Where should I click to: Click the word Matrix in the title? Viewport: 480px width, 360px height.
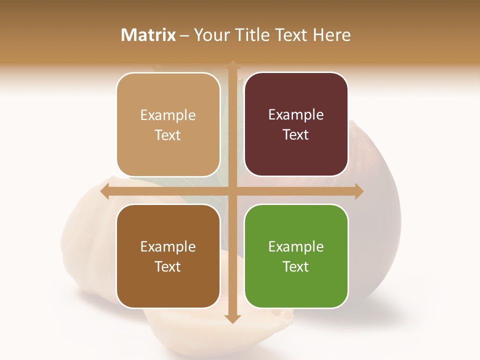(148, 35)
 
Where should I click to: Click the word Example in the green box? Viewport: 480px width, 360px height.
(296, 246)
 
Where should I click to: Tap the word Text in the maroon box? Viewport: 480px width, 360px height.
(296, 135)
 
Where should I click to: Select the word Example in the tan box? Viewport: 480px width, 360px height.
(168, 115)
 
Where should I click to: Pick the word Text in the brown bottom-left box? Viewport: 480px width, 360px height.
(168, 266)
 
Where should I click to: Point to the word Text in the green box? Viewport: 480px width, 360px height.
(296, 266)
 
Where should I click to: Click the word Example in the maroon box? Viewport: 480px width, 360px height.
(296, 115)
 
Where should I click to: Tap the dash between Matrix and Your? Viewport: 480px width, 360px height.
(184, 35)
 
